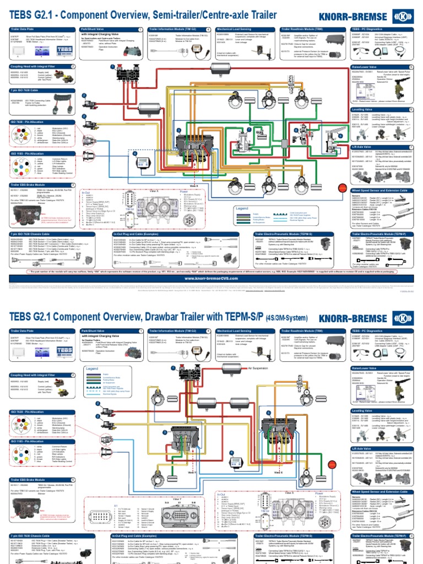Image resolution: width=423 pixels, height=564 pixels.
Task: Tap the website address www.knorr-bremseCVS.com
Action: coord(211,278)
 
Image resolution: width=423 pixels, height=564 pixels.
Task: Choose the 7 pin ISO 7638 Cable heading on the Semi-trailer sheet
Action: coord(23,89)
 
